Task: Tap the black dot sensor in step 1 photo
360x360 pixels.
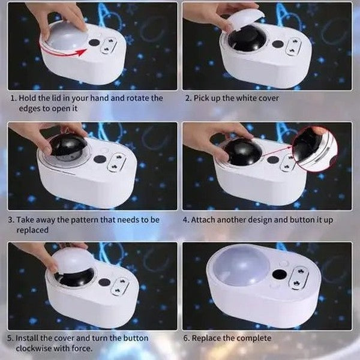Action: click(x=94, y=43)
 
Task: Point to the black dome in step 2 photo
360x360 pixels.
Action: click(x=247, y=41)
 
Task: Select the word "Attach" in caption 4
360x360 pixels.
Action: click(x=206, y=220)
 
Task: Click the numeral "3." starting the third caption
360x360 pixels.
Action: click(x=11, y=220)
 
